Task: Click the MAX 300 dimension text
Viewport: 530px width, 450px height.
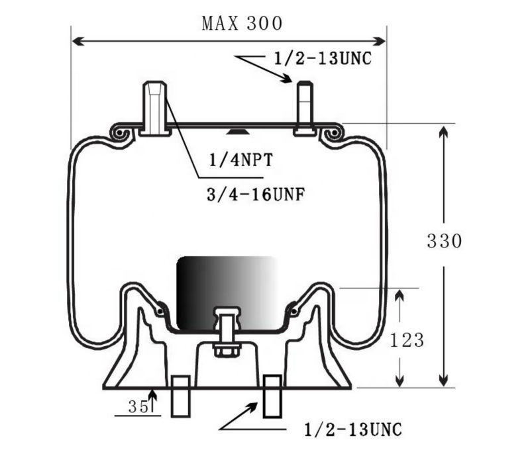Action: [x=242, y=23]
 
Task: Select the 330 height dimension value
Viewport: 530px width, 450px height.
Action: [x=443, y=242]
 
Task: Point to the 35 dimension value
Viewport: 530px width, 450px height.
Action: [x=138, y=407]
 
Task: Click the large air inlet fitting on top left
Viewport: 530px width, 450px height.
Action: [x=156, y=107]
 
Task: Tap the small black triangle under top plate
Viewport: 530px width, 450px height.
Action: [x=233, y=131]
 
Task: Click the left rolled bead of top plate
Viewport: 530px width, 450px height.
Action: [x=122, y=134]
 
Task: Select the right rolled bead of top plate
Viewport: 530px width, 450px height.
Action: [x=331, y=134]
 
